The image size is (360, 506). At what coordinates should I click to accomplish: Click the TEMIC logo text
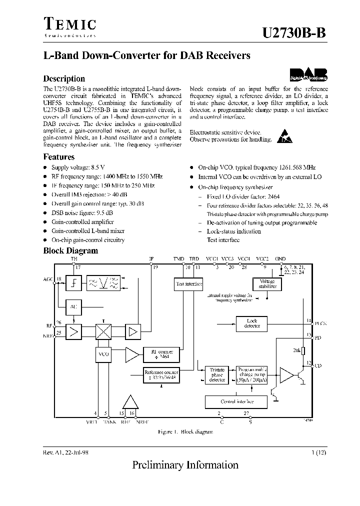pyautogui.click(x=69, y=24)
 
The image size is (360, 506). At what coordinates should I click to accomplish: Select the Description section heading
pyautogui.click(x=64, y=78)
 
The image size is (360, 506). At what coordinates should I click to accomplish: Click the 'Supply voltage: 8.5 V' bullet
pyautogui.click(x=78, y=167)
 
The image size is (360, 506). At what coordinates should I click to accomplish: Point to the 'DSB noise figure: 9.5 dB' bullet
pyautogui.click(x=82, y=212)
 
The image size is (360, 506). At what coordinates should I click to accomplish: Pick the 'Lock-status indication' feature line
pyautogui.click(x=233, y=231)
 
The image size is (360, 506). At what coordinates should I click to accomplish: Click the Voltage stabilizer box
pyautogui.click(x=267, y=284)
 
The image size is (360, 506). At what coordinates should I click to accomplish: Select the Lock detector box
pyautogui.click(x=252, y=323)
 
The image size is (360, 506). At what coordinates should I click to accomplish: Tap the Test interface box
pyautogui.click(x=188, y=284)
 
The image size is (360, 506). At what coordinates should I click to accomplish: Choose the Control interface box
pyautogui.click(x=236, y=401)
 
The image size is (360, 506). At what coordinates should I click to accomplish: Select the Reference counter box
pyautogui.click(x=161, y=374)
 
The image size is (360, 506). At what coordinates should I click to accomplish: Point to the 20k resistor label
pyautogui.click(x=296, y=350)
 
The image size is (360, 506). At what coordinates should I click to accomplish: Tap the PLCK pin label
pyautogui.click(x=320, y=323)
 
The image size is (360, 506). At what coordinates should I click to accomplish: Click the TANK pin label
pyautogui.click(x=109, y=421)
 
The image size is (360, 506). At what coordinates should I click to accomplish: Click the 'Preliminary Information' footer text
pyautogui.click(x=185, y=465)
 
